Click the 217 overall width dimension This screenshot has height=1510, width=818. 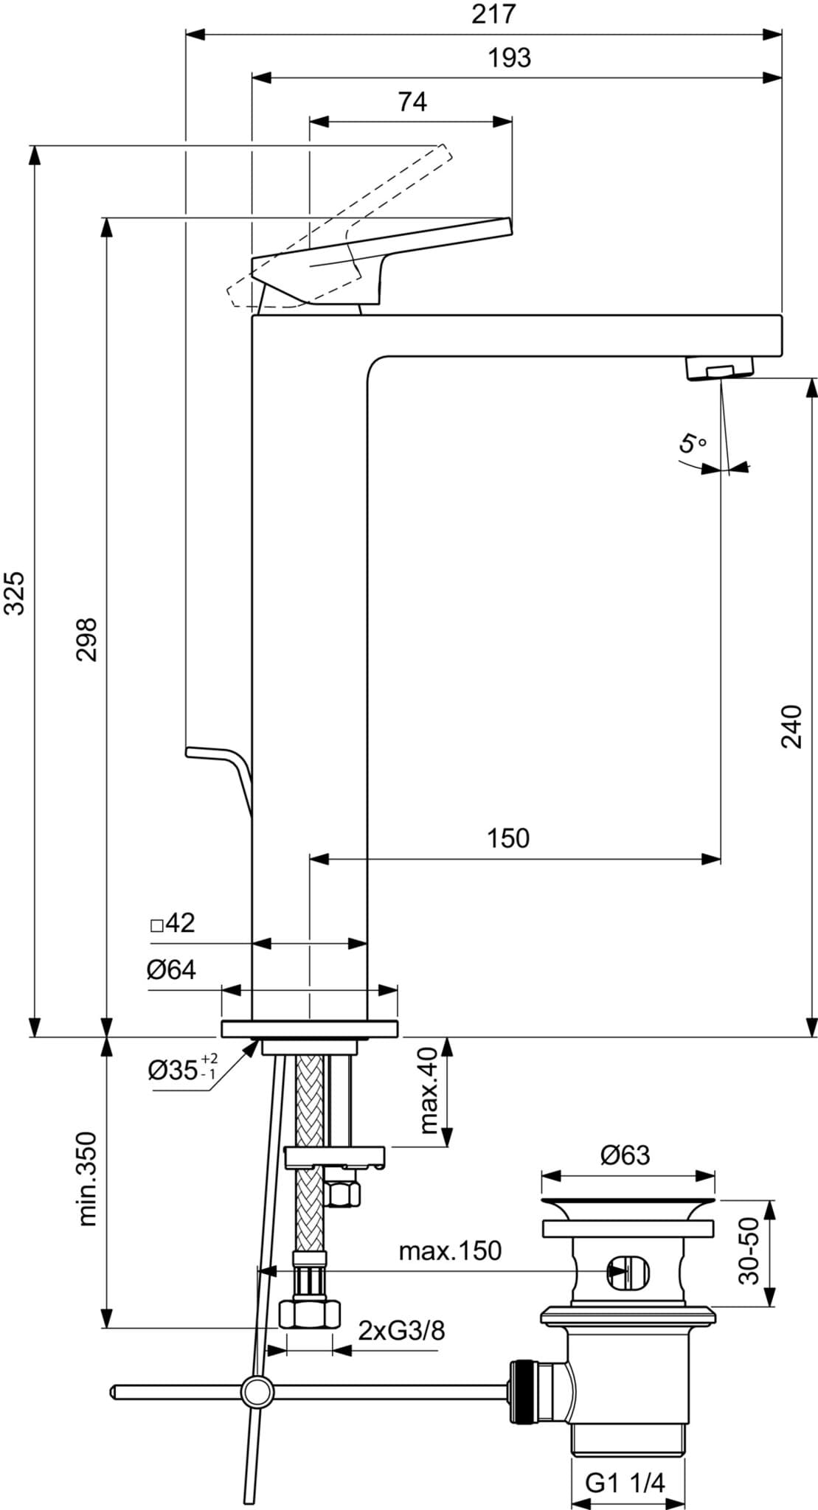pos(493,14)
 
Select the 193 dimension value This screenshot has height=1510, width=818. pos(509,58)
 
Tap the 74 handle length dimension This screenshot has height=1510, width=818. pos(412,102)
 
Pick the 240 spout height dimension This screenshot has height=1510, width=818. pos(791,726)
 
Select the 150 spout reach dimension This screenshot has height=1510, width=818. pos(507,838)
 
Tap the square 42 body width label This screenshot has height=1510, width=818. pos(173,923)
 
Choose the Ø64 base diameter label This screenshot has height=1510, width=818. pos(171,970)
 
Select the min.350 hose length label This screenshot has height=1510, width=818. pos(87,1179)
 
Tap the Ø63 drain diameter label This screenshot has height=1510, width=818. pos(625,1155)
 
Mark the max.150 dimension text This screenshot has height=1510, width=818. pos(450,1250)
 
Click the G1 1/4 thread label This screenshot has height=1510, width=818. pos(625,1436)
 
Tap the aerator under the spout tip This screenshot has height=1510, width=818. pos(719,367)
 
